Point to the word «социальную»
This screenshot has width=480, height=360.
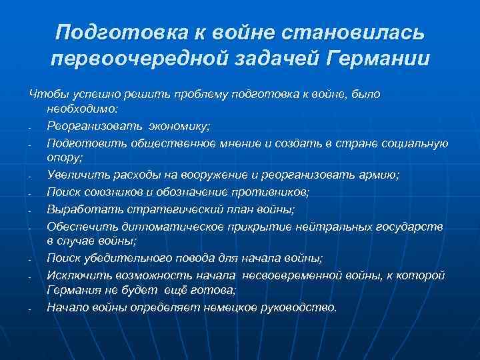coord(419,143)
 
